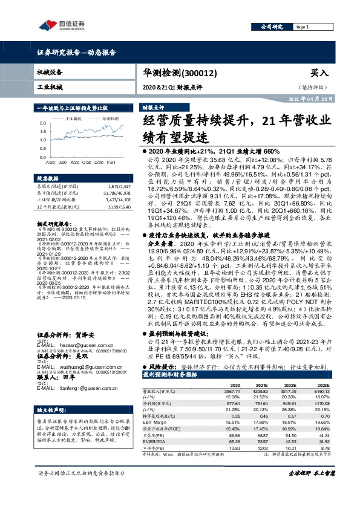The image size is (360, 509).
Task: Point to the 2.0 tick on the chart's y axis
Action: click(41, 123)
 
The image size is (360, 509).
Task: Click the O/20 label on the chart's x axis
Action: click(85, 162)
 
